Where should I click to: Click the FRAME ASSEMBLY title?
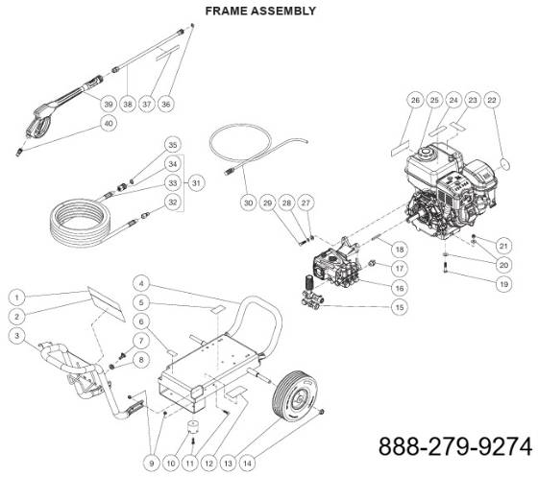click(260, 11)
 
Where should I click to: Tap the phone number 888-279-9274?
click(454, 447)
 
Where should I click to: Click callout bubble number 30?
click(249, 203)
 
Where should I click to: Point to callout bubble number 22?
click(491, 101)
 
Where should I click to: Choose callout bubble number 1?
click(16, 298)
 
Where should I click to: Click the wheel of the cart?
click(295, 394)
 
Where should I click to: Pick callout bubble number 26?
click(415, 101)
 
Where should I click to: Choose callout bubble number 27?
click(306, 203)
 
